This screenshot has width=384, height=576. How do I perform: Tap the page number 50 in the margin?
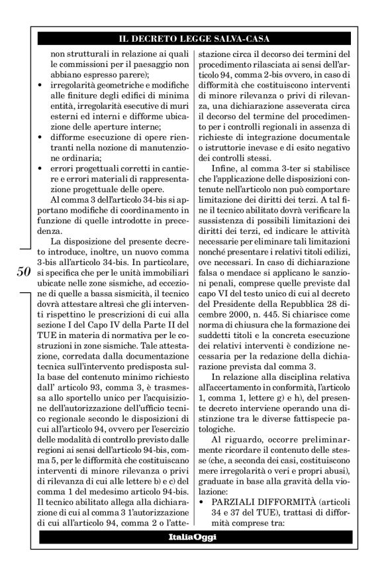(x=23, y=253)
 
